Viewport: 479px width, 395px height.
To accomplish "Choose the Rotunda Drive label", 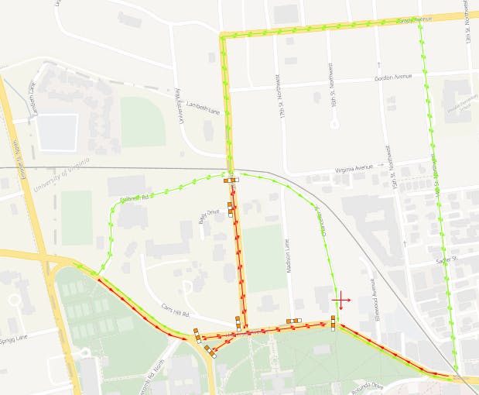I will [x=367, y=385].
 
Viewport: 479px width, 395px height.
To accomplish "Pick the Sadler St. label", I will [x=447, y=261].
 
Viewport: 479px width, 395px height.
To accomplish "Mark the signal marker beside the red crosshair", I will [x=333, y=322].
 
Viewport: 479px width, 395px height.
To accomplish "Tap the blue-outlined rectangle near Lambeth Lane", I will [x=57, y=132].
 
